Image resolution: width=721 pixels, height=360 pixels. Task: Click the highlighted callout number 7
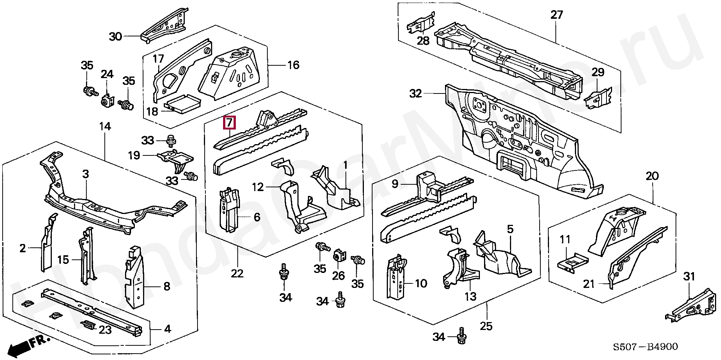click(229, 123)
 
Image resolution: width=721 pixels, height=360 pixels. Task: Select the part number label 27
click(557, 15)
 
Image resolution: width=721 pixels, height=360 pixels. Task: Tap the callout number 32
click(416, 93)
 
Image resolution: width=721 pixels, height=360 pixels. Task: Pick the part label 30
click(116, 36)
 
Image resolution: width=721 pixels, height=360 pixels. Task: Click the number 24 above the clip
click(107, 74)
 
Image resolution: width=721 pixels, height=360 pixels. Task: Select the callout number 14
click(105, 127)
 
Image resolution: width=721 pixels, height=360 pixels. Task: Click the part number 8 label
click(167, 287)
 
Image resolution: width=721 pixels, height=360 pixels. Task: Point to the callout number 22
click(237, 273)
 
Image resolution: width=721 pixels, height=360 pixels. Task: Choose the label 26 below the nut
click(338, 276)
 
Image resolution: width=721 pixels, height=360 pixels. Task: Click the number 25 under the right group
click(486, 326)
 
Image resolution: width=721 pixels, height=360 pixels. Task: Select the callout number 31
click(689, 277)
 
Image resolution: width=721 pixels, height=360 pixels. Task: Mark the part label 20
click(652, 176)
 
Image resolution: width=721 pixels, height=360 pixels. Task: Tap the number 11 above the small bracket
click(565, 239)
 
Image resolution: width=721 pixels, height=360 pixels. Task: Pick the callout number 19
click(134, 155)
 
